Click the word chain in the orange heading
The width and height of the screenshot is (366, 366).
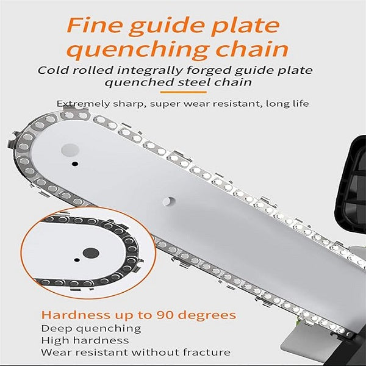point(253,49)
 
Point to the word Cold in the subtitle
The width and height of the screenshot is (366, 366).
point(52,70)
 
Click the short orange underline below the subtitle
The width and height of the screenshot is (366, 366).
point(184,92)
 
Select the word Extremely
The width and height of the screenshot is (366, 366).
point(83,104)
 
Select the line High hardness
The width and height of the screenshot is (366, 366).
point(85,340)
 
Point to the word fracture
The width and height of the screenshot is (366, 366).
point(207,352)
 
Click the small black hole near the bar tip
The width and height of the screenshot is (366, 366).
point(74,163)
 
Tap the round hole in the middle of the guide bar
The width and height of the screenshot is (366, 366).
point(169,201)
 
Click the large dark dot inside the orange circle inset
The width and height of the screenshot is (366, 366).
point(91,253)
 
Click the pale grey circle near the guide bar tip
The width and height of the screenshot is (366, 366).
point(70,150)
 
